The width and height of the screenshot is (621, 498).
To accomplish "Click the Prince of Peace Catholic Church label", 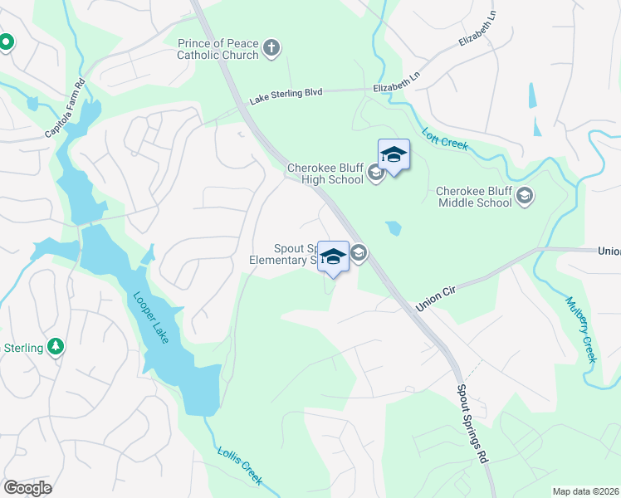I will click(x=218, y=49).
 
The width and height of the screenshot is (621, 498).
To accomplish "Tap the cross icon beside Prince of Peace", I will click(x=271, y=49).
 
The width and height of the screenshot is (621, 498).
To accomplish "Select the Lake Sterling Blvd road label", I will click(x=285, y=94).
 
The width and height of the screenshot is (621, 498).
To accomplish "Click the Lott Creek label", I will click(x=445, y=139).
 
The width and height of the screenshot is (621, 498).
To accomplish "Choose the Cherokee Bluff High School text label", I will click(x=325, y=173).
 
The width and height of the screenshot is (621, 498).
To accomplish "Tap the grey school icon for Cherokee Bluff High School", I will click(x=375, y=173).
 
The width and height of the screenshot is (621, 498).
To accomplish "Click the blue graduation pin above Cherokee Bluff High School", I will click(x=394, y=155).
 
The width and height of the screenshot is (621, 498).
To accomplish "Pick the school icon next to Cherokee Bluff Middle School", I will click(x=524, y=197).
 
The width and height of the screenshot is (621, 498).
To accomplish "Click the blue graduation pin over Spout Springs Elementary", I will click(x=333, y=257).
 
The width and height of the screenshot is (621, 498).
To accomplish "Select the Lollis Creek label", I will click(x=241, y=466).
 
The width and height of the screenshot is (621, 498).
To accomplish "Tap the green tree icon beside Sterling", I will click(x=56, y=346).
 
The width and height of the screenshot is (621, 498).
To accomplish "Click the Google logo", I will click(x=27, y=487).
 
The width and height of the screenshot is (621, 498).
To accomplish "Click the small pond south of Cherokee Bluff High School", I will click(x=394, y=228).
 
